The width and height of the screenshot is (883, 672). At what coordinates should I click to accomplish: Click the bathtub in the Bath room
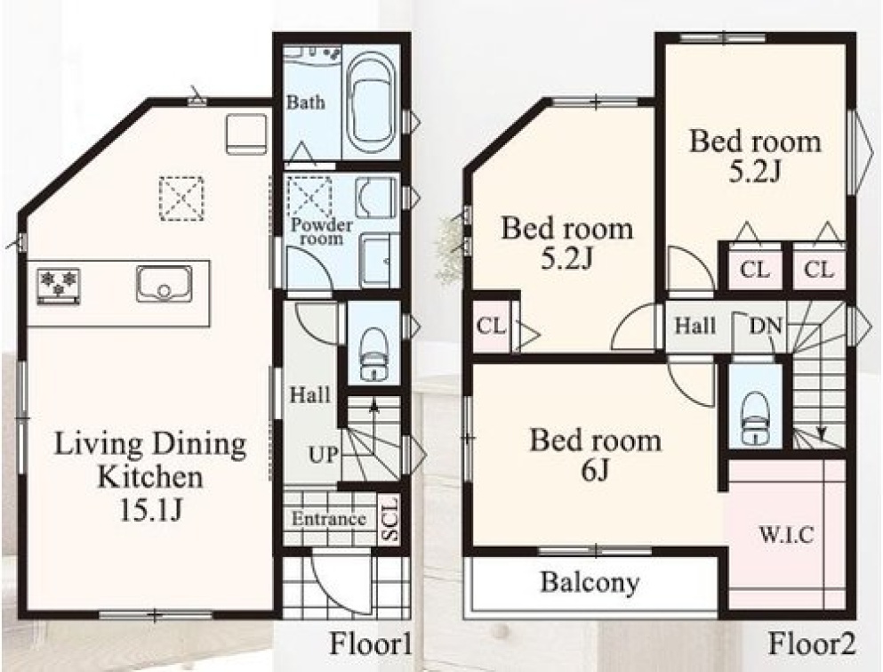click(x=372, y=104)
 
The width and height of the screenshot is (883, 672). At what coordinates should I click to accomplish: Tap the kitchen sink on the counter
click(x=164, y=284)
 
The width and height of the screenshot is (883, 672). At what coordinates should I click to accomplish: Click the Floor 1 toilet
click(x=373, y=354)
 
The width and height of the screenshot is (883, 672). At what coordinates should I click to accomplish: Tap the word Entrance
click(x=328, y=519)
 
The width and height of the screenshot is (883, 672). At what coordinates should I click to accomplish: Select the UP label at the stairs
click(x=324, y=455)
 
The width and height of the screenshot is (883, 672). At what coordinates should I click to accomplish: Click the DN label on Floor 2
click(x=766, y=326)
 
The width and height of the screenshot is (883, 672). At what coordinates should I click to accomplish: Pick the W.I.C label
click(x=786, y=534)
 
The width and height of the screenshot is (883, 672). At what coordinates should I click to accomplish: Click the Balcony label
click(x=590, y=582)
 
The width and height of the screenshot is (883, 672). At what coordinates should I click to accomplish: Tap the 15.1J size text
click(x=150, y=510)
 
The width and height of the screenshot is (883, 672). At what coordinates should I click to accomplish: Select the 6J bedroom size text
click(x=595, y=471)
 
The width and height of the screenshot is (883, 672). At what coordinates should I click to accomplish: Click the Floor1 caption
click(x=370, y=644)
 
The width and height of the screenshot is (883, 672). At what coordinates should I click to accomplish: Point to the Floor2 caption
click(x=812, y=644)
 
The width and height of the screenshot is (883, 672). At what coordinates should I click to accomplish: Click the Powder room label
click(x=322, y=231)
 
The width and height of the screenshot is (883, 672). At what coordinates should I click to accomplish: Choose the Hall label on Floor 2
click(x=695, y=325)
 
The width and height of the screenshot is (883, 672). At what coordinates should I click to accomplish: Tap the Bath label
click(x=306, y=102)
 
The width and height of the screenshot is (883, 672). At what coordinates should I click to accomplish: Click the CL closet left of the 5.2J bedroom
click(x=491, y=325)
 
